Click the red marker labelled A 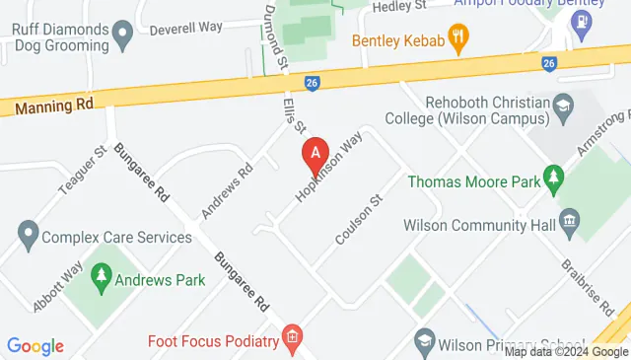click(x=315, y=155)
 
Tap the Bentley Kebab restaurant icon click(x=457, y=39)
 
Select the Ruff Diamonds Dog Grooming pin click(x=123, y=37)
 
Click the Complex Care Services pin click(x=28, y=237)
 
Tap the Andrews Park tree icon click(x=101, y=279)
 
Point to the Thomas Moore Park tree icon click(x=555, y=180)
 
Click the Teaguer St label click(x=87, y=172)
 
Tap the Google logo click(x=35, y=346)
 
